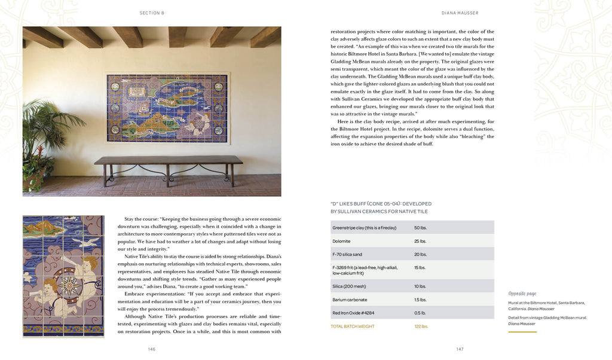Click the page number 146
point(152,349)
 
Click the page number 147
point(460,349)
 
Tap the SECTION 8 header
point(152,12)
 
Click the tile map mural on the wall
point(167,107)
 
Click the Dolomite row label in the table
point(342,241)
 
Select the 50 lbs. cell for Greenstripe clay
point(421,228)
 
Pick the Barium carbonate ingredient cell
point(350,300)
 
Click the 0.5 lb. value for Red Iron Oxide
point(421,313)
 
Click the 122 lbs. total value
point(421,326)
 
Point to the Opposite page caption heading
point(522,294)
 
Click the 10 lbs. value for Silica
point(421,286)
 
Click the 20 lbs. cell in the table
point(421,254)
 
